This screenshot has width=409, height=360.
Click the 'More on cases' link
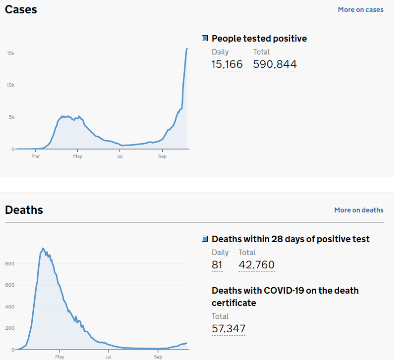(360, 9)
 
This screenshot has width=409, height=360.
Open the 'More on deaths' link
(358, 210)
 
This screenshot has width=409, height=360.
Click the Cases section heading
(21, 9)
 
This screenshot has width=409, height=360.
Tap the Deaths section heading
(24, 210)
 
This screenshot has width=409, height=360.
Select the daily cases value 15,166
(227, 64)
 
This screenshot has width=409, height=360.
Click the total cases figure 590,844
(275, 64)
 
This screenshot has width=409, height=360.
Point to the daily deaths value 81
(217, 265)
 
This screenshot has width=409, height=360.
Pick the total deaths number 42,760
(256, 265)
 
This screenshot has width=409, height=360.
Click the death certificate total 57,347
(229, 329)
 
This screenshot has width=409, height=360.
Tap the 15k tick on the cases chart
(10, 53)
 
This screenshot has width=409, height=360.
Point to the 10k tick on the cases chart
(10, 85)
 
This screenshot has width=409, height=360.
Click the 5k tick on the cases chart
(11, 117)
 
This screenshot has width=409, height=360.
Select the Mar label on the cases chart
(36, 156)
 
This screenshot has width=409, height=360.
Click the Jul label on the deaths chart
(109, 357)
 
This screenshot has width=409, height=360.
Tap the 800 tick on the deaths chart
(10, 264)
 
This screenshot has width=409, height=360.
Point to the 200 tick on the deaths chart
(10, 328)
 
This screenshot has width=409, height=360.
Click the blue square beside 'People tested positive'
(205, 39)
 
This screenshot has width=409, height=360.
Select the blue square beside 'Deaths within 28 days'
(205, 239)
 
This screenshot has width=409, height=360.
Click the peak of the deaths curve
(43, 248)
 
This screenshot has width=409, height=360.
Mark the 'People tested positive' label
(259, 39)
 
